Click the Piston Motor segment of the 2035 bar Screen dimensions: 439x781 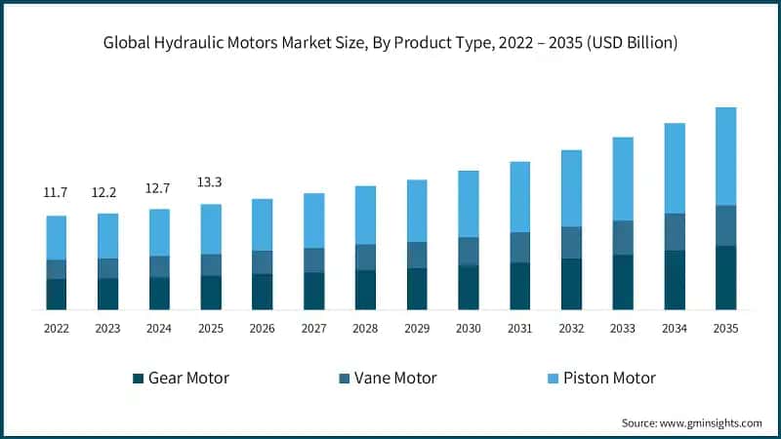[725, 156]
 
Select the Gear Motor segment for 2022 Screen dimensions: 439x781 [57, 294]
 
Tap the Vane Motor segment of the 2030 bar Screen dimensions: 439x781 [469, 251]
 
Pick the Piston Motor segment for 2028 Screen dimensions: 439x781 [365, 215]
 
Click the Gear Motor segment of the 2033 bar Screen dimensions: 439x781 [623, 282]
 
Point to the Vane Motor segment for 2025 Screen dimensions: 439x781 [211, 264]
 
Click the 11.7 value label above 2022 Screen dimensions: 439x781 [57, 193]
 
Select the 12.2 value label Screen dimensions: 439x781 [108, 193]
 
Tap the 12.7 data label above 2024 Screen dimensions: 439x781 [159, 188]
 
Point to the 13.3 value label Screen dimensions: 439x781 [211, 182]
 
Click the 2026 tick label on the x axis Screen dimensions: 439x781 [263, 329]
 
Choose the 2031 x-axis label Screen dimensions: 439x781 [519, 329]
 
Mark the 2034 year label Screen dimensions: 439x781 [674, 329]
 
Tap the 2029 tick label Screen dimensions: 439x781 [417, 329]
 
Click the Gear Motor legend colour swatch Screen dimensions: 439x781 [139, 378]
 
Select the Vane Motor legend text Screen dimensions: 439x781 [394, 378]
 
